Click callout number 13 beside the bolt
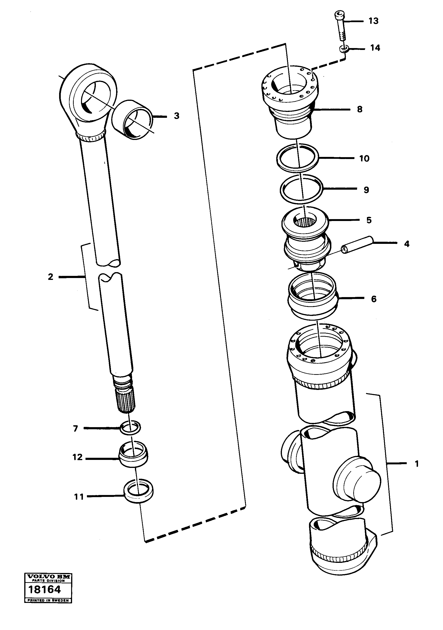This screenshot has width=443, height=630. pos(373,21)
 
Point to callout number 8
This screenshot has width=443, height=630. pos(360,109)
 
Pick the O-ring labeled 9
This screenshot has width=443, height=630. pos(301,189)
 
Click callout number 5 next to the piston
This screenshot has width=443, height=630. pos(369,220)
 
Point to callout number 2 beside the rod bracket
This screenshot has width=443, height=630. pos(50,277)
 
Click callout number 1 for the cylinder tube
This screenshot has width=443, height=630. pos(417,464)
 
